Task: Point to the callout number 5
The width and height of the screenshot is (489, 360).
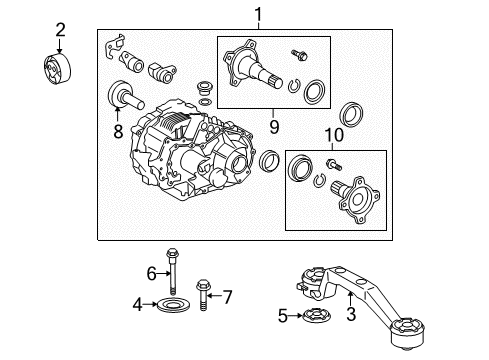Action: click(283, 317)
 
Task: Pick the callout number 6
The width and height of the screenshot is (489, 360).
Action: click(153, 272)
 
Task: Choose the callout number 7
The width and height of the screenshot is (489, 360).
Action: click(227, 296)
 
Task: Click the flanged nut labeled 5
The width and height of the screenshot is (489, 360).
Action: click(305, 317)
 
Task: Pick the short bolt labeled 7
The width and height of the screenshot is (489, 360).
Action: click(205, 294)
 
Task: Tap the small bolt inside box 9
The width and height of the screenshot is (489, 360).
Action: click(297, 50)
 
